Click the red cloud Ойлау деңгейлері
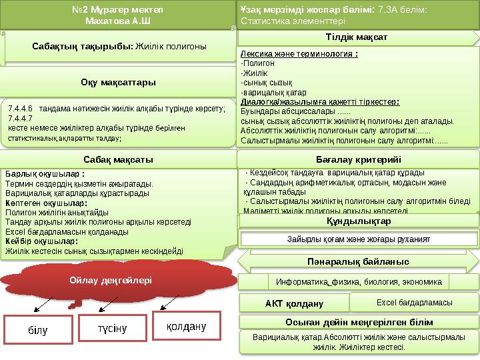pyautogui.click(x=110, y=280)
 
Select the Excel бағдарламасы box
pyautogui.click(x=413, y=303)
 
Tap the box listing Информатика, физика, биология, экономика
pyautogui.click(x=359, y=281)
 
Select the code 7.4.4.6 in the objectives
pyautogui.click(x=20, y=107)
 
